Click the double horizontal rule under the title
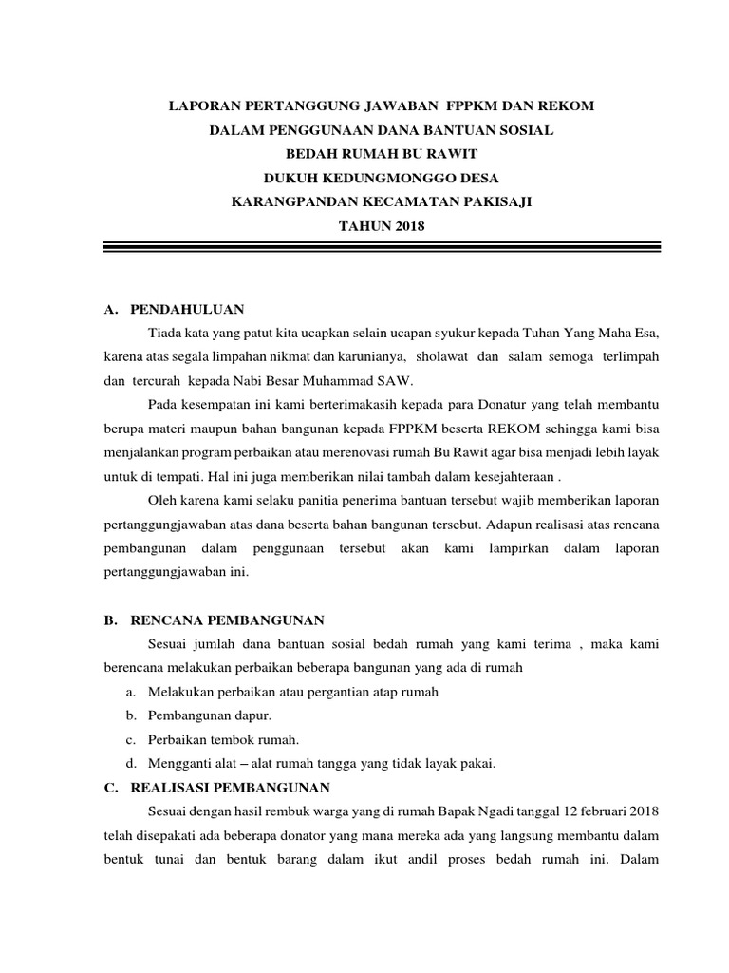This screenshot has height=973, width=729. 381,249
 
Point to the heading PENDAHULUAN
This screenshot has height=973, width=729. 188,309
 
